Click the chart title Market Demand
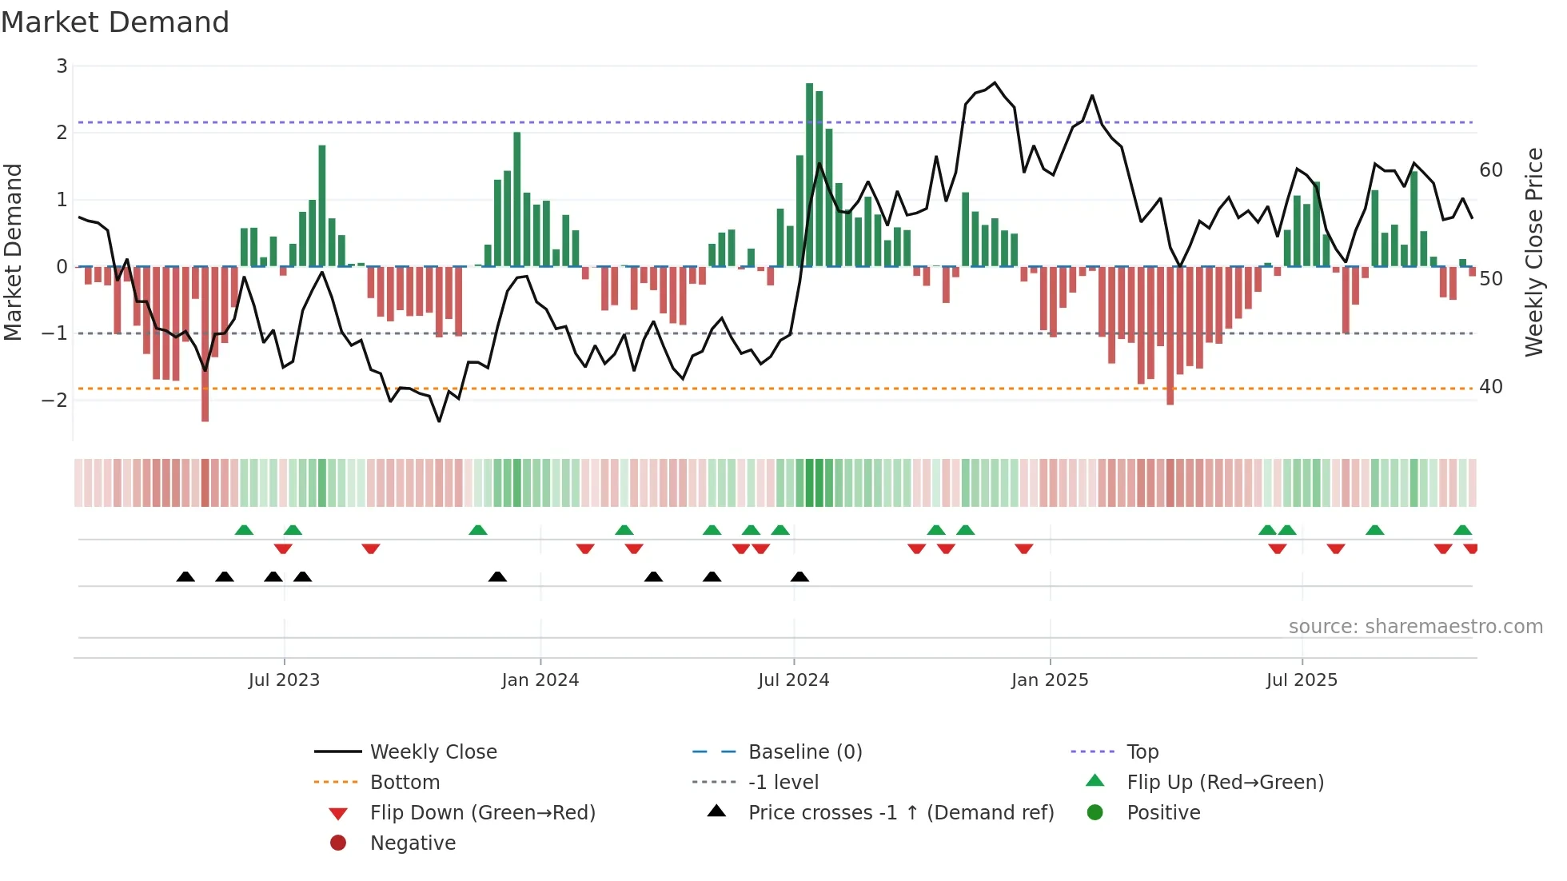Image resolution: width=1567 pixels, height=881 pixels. (115, 22)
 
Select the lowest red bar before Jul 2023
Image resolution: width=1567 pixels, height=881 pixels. (205, 344)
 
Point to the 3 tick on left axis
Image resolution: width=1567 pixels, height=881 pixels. (62, 66)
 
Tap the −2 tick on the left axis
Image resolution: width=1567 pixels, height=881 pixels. (55, 400)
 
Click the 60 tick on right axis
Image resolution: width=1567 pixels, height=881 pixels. (1490, 170)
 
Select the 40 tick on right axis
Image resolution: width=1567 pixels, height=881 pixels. (1490, 387)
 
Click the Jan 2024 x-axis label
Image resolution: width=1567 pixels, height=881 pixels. (540, 680)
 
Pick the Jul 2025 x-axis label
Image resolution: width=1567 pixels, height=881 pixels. (1301, 680)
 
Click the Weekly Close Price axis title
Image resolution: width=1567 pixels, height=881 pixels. (1533, 252)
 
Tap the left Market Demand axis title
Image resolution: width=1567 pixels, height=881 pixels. (13, 252)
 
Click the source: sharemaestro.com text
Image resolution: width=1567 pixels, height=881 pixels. (1415, 627)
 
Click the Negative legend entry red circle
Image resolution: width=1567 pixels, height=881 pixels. (338, 843)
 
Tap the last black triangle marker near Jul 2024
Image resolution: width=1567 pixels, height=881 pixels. (799, 576)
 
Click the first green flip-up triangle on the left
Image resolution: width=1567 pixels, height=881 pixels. (244, 530)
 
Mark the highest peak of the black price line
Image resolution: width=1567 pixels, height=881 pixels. (995, 82)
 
